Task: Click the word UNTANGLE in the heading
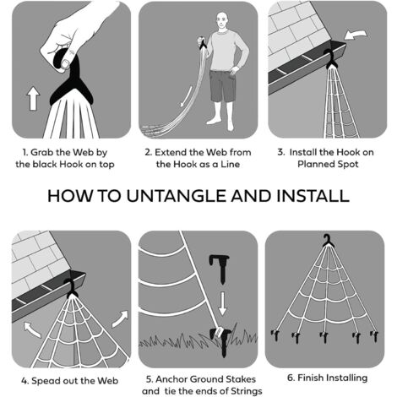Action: click(177, 196)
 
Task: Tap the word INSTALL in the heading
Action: click(313, 196)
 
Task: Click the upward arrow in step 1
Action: click(33, 98)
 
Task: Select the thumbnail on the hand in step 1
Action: click(65, 64)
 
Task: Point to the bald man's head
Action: click(222, 20)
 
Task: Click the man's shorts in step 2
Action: click(222, 86)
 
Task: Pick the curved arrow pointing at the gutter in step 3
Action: click(356, 35)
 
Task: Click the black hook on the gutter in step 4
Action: click(71, 288)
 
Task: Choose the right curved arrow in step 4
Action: click(120, 319)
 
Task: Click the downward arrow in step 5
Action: click(222, 303)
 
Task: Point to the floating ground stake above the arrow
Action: click(220, 269)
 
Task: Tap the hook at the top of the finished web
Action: click(327, 241)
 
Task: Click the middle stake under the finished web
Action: click(324, 337)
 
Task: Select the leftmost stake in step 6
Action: click(275, 335)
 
